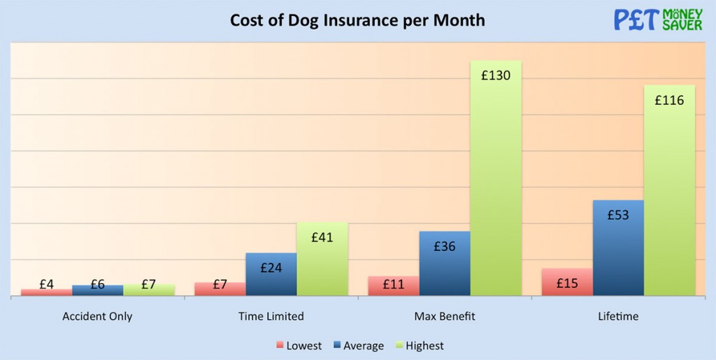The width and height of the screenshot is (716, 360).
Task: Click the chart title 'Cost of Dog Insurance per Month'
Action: coord(357,20)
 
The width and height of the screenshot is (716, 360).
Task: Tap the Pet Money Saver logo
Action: coord(658,20)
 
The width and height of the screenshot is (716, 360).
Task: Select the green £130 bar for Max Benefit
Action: coord(496,178)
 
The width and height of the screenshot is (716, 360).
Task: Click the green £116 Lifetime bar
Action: coord(669,190)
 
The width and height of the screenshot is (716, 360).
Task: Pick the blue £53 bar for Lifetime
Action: coord(618,248)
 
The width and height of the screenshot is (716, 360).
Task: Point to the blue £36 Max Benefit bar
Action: coord(445,264)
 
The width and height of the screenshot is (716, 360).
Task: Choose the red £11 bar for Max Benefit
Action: coord(394,286)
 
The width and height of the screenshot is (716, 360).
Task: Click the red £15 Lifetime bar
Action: coord(567,282)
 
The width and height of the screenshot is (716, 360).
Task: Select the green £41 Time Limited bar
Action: coord(322,259)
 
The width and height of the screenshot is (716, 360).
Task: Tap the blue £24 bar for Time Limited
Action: coord(271,274)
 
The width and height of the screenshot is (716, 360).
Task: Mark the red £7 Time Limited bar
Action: coord(220,289)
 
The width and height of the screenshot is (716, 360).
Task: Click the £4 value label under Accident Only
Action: coord(47,285)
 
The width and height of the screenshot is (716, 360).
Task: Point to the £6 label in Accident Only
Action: coord(98,285)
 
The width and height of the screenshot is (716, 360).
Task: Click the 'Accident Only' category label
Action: coord(97,317)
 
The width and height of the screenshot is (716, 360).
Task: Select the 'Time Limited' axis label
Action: coord(271,317)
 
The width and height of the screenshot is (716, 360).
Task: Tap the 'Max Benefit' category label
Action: coord(445,317)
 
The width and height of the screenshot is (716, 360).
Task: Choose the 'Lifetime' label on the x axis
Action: coord(619,317)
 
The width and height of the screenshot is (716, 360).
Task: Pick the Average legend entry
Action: coord(358,345)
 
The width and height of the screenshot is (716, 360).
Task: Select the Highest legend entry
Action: coord(419,345)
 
